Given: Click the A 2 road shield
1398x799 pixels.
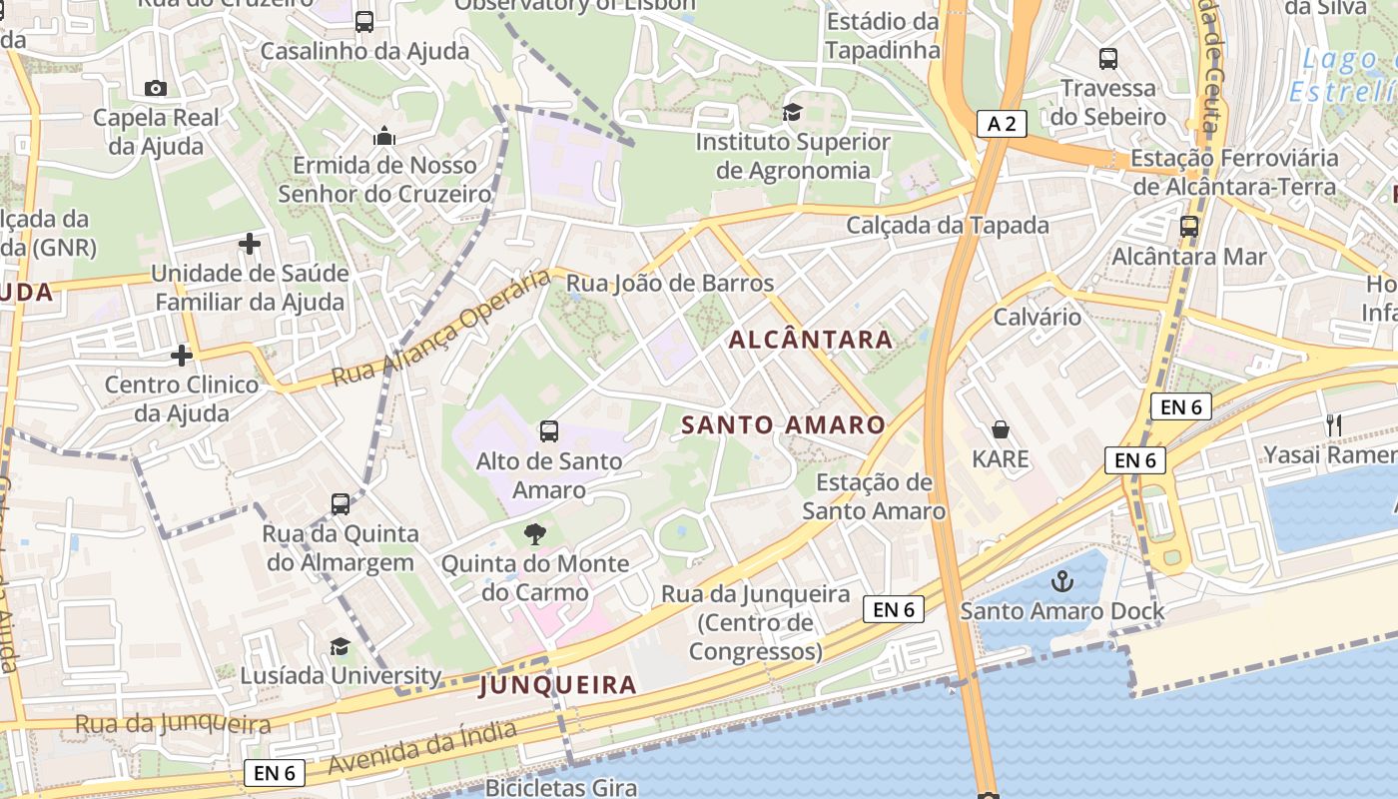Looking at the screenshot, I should [x=1002, y=124].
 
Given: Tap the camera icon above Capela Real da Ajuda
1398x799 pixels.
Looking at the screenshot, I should [x=156, y=88].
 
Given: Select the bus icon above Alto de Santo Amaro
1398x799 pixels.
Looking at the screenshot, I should [x=548, y=431].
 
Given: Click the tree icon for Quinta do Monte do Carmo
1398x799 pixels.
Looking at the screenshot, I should [x=535, y=533].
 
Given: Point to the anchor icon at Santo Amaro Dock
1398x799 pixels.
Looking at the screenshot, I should [x=1062, y=580].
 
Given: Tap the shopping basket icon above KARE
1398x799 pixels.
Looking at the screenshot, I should [x=1001, y=429].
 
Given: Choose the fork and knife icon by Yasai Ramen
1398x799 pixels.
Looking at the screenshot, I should [x=1333, y=424].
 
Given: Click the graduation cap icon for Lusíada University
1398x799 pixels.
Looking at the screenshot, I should [x=340, y=646].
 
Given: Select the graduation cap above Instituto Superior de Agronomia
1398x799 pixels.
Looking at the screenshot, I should [x=792, y=112].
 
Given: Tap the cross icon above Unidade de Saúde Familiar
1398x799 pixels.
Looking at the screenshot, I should [x=250, y=243].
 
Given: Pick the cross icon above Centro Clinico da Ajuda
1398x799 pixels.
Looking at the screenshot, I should [x=181, y=355].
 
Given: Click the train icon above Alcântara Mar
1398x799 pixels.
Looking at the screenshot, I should [x=1188, y=227].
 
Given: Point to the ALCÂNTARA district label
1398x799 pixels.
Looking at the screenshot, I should [x=811, y=340].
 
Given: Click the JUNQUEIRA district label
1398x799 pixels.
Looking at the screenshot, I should [x=557, y=685].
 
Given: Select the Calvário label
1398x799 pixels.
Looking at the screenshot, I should [x=1038, y=318].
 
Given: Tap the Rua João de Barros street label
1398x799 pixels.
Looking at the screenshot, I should [x=670, y=284].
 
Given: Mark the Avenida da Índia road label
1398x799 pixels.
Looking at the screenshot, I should [x=422, y=748].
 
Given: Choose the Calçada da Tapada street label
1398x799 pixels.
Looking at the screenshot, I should [x=948, y=226].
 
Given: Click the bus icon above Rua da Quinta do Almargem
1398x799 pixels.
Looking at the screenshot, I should [x=341, y=504].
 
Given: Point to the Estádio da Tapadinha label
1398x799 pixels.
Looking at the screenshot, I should [x=883, y=36].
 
